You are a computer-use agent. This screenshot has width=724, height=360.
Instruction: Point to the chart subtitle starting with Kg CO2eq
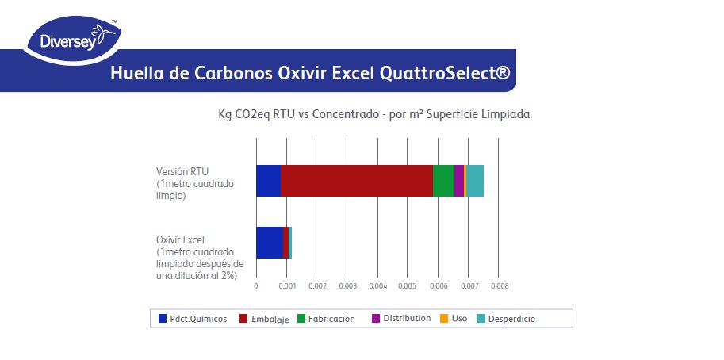click(373, 114)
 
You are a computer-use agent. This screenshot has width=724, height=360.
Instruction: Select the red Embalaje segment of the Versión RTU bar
click(357, 181)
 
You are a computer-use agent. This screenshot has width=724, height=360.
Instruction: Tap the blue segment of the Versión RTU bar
click(268, 181)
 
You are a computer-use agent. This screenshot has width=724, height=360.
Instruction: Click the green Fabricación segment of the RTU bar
click(443, 181)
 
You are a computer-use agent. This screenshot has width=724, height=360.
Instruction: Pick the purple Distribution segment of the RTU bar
click(459, 181)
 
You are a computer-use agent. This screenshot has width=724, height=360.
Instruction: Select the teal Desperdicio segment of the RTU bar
click(475, 181)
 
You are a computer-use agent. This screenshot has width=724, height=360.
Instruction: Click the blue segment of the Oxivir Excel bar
click(270, 242)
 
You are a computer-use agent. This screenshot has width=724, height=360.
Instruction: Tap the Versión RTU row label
click(182, 182)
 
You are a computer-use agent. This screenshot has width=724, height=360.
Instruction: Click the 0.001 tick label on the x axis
click(286, 285)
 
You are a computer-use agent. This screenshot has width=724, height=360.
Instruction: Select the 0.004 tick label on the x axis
click(377, 285)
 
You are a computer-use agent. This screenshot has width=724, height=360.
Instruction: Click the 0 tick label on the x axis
click(256, 285)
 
